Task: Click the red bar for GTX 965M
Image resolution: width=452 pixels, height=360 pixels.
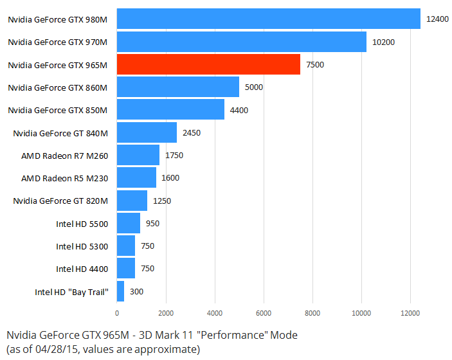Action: pyautogui.click(x=208, y=64)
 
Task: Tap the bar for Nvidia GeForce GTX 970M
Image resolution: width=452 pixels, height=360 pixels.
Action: pyautogui.click(x=241, y=42)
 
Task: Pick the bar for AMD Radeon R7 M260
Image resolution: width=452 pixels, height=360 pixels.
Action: pyautogui.click(x=138, y=155)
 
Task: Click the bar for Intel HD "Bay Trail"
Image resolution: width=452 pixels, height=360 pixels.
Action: pyautogui.click(x=120, y=291)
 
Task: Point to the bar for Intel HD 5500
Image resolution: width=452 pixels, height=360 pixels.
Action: pyautogui.click(x=128, y=223)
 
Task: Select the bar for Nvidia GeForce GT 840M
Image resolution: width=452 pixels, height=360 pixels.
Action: pyautogui.click(x=147, y=132)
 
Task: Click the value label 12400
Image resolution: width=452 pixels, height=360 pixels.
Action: pyautogui.click(x=437, y=19)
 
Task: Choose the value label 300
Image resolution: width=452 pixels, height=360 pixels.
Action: pyautogui.click(x=136, y=291)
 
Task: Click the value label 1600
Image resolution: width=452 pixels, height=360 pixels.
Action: pyautogui.click(x=171, y=177)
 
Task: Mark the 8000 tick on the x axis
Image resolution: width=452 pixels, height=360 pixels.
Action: pyautogui.click(x=312, y=313)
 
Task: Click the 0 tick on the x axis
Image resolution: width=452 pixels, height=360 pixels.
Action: pyautogui.click(x=117, y=313)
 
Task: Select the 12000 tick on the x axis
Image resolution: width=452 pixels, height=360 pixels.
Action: pyautogui.click(x=410, y=313)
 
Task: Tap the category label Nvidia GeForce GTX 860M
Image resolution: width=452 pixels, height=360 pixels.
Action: pyautogui.click(x=57, y=87)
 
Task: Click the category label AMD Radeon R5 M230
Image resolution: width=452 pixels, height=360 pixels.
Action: pyautogui.click(x=64, y=177)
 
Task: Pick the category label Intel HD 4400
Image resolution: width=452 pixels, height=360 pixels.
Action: pyautogui.click(x=82, y=269)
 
